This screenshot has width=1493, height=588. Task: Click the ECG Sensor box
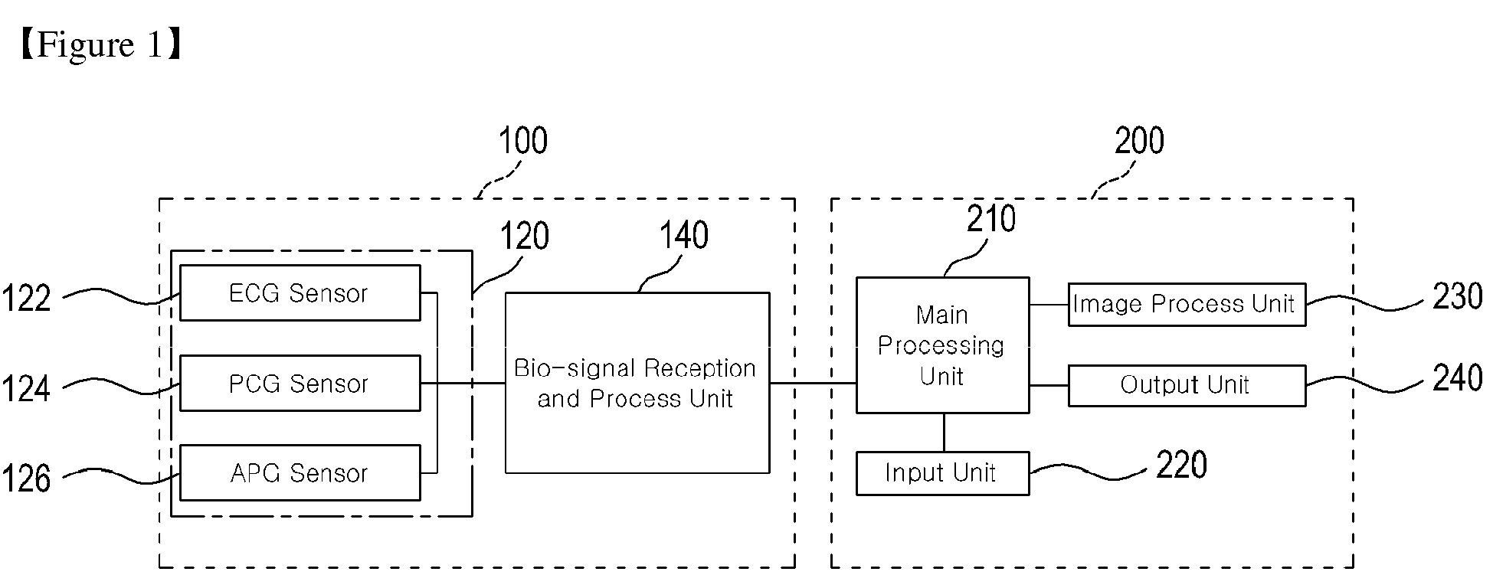[300, 292]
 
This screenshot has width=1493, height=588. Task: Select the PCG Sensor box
[300, 383]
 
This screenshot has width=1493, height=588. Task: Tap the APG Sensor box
[300, 472]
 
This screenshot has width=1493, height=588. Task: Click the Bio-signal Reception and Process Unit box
[637, 383]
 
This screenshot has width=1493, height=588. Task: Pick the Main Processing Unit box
[942, 345]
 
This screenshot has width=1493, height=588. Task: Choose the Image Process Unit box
[1187, 305]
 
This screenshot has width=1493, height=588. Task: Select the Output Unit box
[1187, 385]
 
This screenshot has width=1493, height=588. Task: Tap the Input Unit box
[942, 473]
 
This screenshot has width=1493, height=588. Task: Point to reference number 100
[523, 142]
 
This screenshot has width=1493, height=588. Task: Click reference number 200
[1139, 142]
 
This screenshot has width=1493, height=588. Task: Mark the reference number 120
[525, 237]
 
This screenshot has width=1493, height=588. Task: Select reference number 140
[684, 236]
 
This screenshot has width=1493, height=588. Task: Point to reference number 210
[991, 219]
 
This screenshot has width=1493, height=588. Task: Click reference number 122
[26, 298]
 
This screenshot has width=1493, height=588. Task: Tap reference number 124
[26, 388]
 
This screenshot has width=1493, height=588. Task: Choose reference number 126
[26, 479]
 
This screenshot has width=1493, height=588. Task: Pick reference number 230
[1458, 296]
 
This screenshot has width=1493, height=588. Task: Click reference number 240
[1458, 378]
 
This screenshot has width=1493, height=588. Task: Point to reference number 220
[1181, 465]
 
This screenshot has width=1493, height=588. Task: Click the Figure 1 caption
[99, 45]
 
